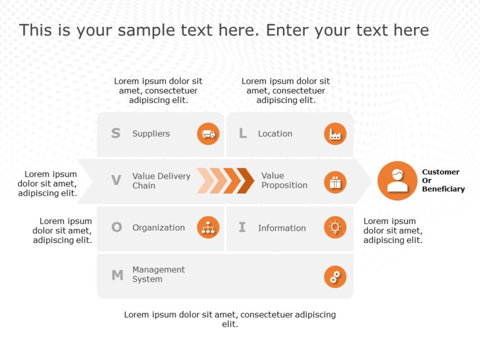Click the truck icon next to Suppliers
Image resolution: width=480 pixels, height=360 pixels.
(x=208, y=134)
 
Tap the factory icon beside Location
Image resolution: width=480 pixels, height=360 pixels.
(x=335, y=134)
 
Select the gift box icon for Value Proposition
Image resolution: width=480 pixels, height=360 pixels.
(x=335, y=182)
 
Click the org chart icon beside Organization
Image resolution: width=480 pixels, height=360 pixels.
(x=208, y=227)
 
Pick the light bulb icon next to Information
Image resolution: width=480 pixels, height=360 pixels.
(x=335, y=227)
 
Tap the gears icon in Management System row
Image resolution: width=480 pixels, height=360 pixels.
(x=335, y=277)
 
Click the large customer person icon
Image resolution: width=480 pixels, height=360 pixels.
(x=397, y=181)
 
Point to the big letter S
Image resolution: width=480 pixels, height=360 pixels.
(x=116, y=133)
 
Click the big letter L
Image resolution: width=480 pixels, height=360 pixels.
(x=243, y=133)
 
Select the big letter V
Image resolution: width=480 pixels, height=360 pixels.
(x=116, y=181)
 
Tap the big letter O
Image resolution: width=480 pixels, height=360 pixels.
(x=116, y=227)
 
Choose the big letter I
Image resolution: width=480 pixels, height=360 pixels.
(x=242, y=227)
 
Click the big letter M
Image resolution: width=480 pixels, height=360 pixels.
(x=118, y=275)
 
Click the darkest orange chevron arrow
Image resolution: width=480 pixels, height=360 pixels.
(x=245, y=181)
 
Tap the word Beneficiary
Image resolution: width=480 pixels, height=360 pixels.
(x=443, y=189)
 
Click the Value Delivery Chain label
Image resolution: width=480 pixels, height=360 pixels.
(x=162, y=181)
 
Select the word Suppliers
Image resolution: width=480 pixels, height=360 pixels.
(x=151, y=134)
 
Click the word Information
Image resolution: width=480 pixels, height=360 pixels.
(x=282, y=228)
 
